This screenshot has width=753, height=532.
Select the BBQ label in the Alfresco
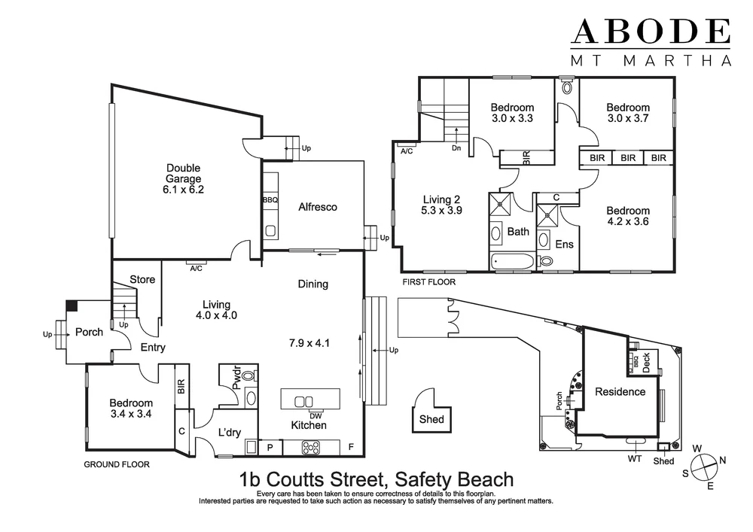pos(270,200)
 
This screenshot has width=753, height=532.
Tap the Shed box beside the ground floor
pos(432,420)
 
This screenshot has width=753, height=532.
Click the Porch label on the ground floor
pos(89,333)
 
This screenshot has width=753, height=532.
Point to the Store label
pos(142,280)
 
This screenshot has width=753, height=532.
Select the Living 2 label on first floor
pos(441,199)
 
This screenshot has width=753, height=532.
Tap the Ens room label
pos(565,245)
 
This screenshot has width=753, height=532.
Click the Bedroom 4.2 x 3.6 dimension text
pos(628,222)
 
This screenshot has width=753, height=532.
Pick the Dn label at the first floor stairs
pos(456,148)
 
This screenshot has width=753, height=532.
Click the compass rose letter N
pos(721,461)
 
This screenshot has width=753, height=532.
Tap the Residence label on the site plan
pos(620,391)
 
